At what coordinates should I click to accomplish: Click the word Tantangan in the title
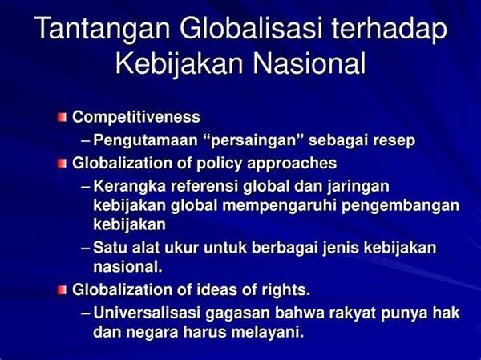(103, 29)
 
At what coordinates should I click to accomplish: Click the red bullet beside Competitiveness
(62, 117)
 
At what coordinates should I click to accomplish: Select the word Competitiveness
(136, 117)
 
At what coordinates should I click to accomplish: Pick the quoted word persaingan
(255, 140)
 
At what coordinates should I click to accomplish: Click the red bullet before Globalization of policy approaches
(62, 164)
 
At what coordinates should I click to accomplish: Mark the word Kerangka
(129, 186)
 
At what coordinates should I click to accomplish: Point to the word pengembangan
(400, 205)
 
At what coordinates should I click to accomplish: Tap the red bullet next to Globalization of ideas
(62, 290)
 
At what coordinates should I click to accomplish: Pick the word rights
(285, 290)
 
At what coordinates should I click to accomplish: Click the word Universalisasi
(147, 313)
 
